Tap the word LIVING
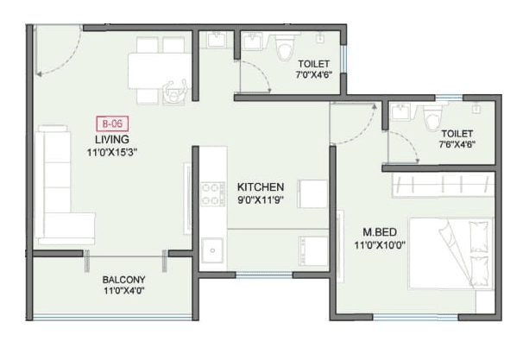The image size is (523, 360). [112, 139]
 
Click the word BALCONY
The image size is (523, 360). [123, 280]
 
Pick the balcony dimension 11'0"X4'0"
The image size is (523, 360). [123, 292]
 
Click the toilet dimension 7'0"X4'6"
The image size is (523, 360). [314, 76]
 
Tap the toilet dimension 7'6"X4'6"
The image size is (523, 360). [457, 145]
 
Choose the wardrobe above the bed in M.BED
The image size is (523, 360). [440, 184]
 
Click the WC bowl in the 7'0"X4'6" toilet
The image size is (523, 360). [284, 49]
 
